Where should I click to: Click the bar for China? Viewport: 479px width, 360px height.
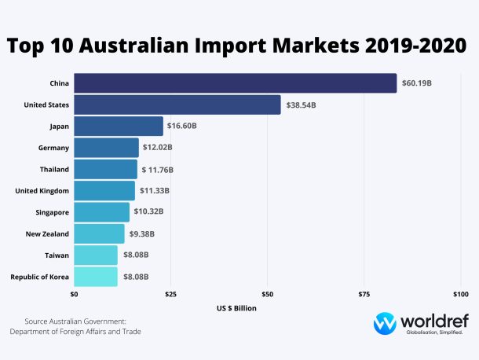235,83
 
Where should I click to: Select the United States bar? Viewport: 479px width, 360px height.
177,105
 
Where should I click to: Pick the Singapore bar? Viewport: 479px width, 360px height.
101,212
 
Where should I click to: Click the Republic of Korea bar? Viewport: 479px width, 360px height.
95,277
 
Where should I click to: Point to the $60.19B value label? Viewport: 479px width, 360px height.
417,83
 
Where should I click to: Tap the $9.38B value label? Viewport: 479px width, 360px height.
141,233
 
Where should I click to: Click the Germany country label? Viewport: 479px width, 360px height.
53,148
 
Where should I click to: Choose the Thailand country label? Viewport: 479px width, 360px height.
54,169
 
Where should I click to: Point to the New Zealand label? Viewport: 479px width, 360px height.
46,233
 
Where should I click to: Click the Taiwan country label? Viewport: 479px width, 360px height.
57,255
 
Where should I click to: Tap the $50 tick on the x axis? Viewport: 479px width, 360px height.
267,295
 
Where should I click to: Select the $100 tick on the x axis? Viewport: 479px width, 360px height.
461,295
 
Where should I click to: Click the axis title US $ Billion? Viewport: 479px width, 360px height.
236,308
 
